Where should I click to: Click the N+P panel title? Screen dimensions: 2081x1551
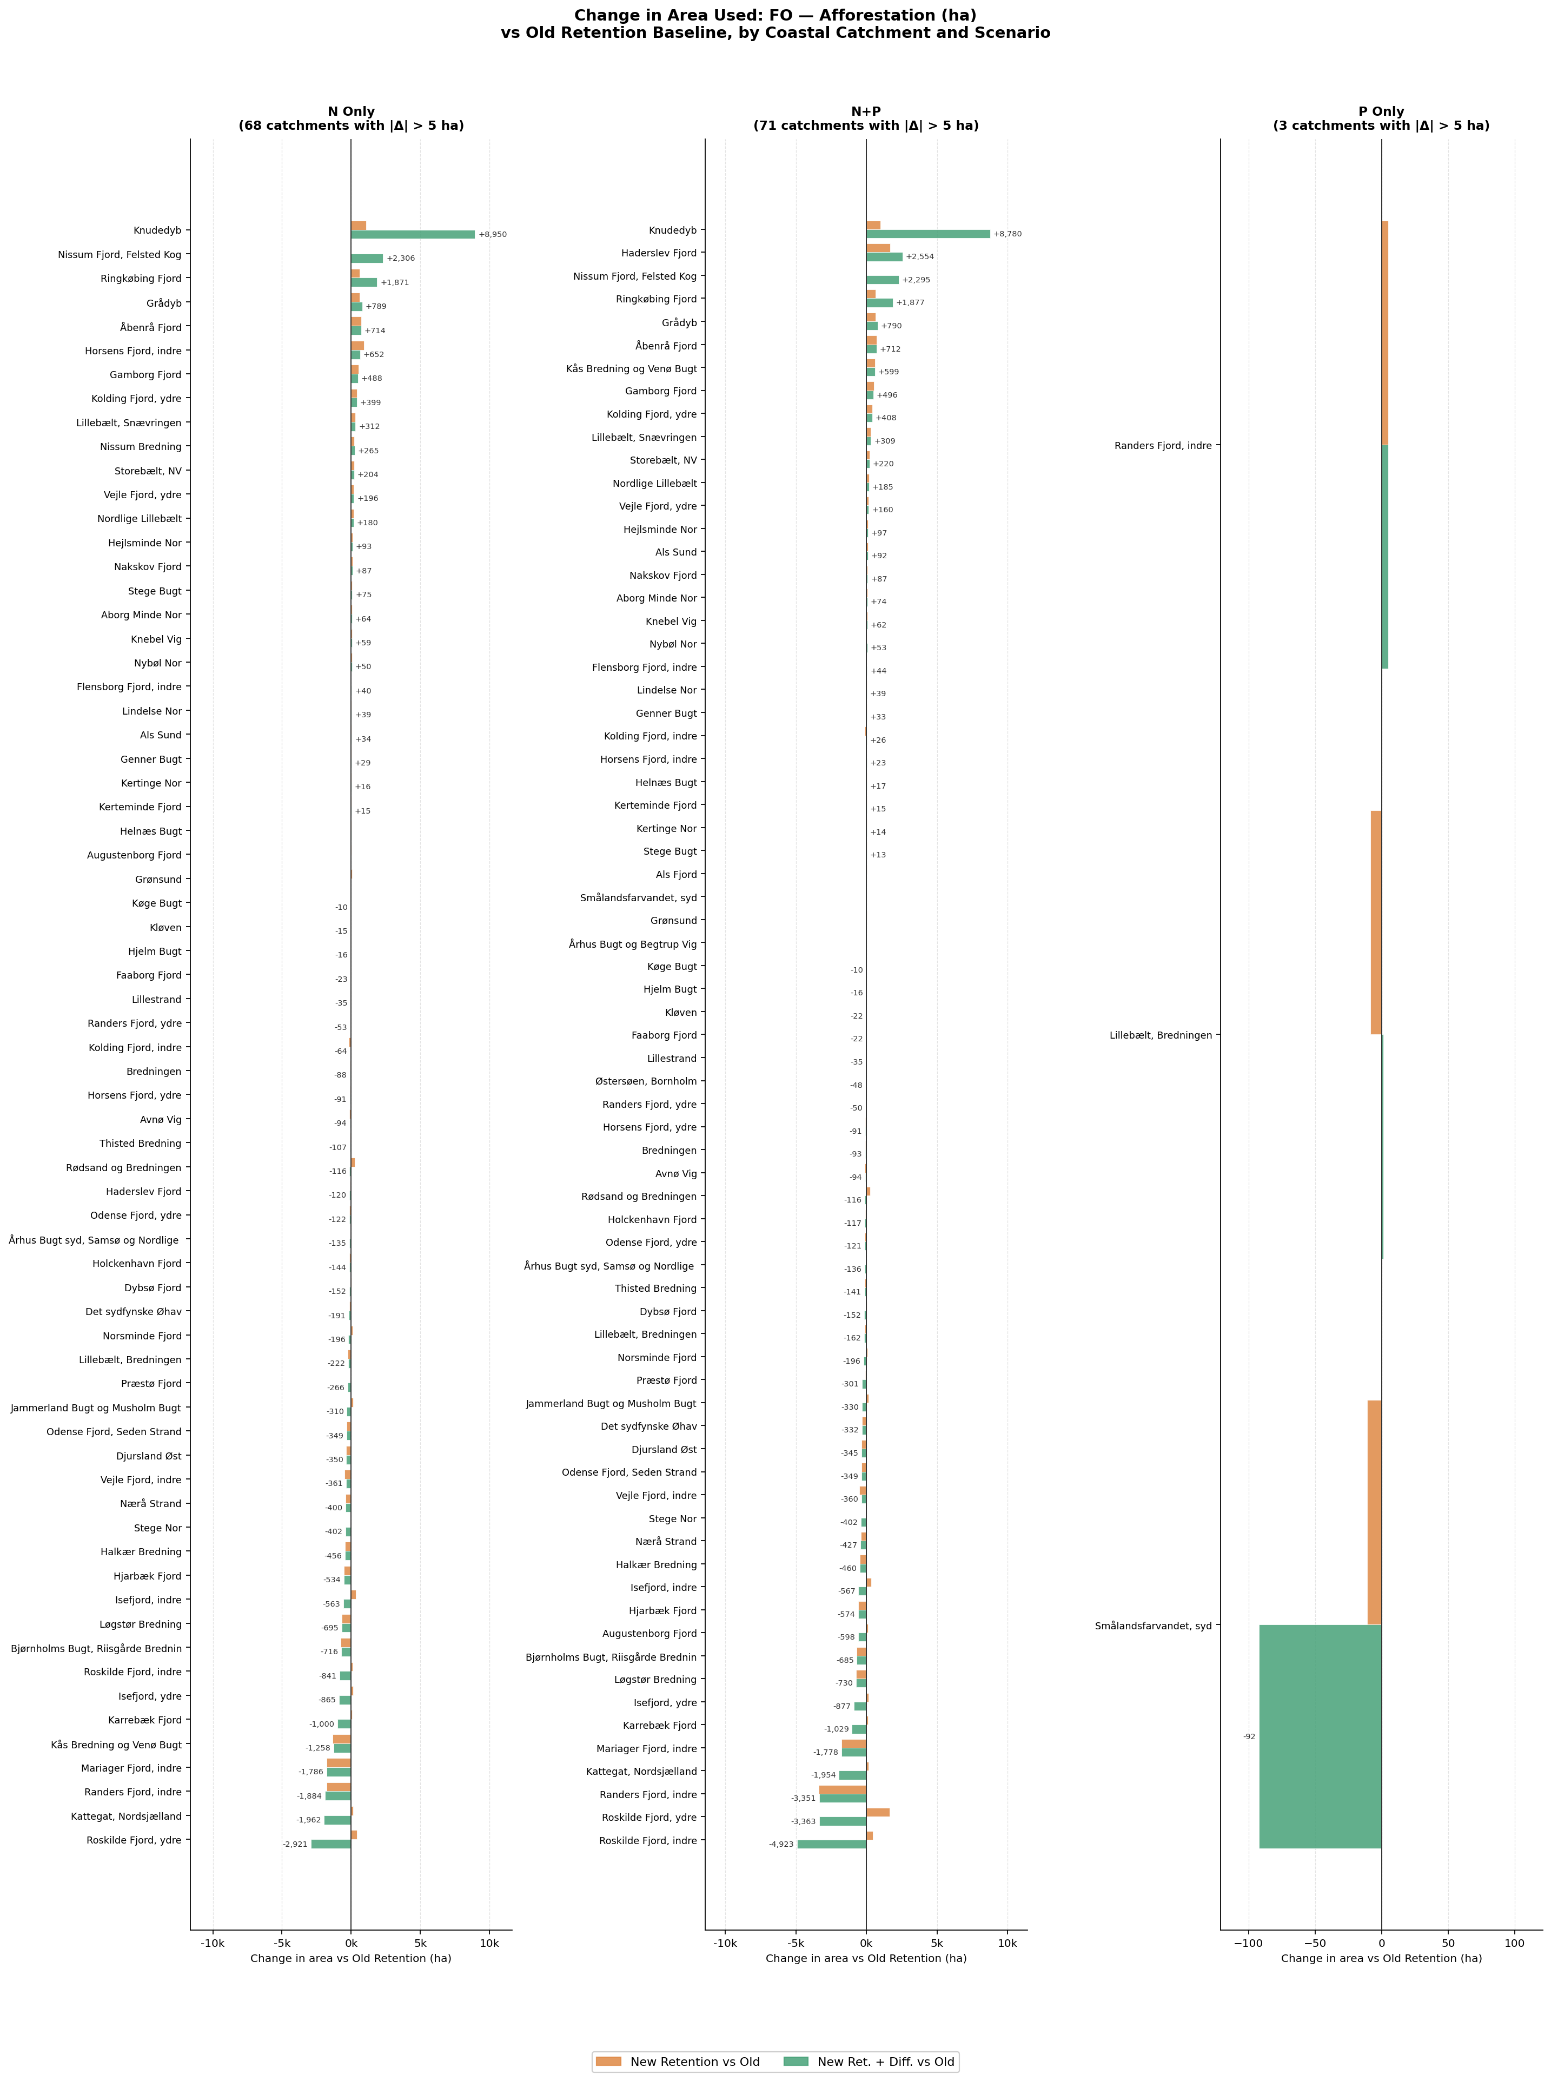(x=866, y=118)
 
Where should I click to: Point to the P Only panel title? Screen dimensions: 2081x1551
(x=1381, y=118)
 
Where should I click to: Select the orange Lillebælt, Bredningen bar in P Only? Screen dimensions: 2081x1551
(x=1375, y=923)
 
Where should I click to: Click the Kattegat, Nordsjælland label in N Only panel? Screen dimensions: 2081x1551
(x=126, y=1816)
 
